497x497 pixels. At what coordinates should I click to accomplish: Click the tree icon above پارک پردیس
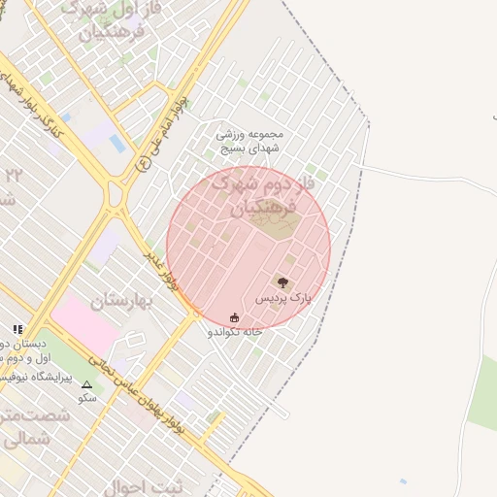coord(282,282)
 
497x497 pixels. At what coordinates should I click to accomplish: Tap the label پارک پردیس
coord(283,299)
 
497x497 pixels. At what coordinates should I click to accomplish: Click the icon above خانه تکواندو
coord(234,317)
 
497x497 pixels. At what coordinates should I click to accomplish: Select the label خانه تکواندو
coord(235,332)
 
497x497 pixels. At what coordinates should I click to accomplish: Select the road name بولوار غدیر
coord(161,271)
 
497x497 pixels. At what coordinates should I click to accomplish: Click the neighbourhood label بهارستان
coord(123,301)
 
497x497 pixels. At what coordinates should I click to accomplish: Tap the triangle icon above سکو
coord(86,384)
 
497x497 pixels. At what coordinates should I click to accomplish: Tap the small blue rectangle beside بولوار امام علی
coord(117,144)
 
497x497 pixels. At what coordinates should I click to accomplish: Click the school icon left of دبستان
coord(17,330)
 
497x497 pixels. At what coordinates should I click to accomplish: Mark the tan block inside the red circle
coord(273,222)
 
